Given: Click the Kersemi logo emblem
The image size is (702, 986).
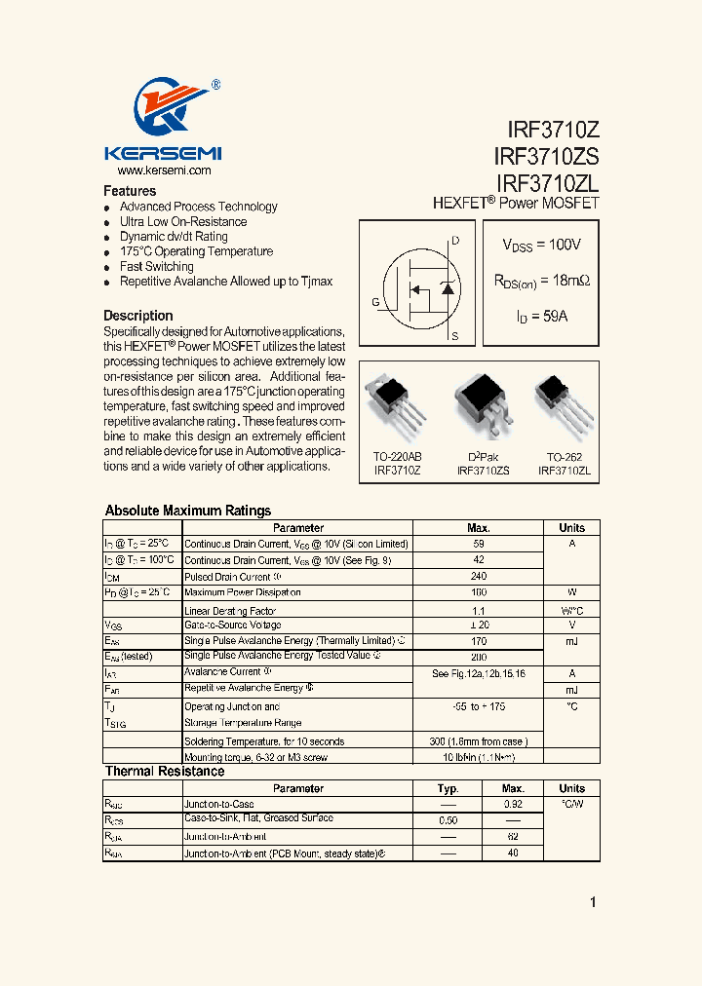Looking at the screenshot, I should [x=162, y=109].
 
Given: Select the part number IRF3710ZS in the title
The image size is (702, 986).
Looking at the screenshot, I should [x=546, y=156].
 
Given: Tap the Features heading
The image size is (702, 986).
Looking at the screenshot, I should [x=130, y=191].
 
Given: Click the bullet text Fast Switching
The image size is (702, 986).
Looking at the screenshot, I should [x=156, y=266].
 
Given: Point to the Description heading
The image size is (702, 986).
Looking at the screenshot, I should [x=138, y=316].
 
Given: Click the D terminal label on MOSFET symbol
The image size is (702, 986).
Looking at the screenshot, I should [x=455, y=241].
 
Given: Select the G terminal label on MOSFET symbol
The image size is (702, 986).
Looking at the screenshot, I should [x=375, y=302].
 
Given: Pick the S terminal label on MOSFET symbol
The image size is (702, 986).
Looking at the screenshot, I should [x=455, y=336].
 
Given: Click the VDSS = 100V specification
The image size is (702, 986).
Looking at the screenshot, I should [x=541, y=246].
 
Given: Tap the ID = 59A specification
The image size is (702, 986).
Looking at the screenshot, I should [x=541, y=317].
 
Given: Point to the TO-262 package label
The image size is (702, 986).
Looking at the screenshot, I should [x=564, y=456].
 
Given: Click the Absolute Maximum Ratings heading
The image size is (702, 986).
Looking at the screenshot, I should [x=187, y=511].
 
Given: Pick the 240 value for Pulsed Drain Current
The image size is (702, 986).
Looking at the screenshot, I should [x=479, y=576].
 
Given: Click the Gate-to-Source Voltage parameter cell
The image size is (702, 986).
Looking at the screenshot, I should [x=232, y=625].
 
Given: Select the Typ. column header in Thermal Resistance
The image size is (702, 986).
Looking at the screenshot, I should [x=448, y=788].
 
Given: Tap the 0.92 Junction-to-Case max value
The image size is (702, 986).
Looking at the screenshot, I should [x=513, y=804].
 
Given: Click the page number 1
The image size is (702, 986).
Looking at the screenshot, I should [x=593, y=902].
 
